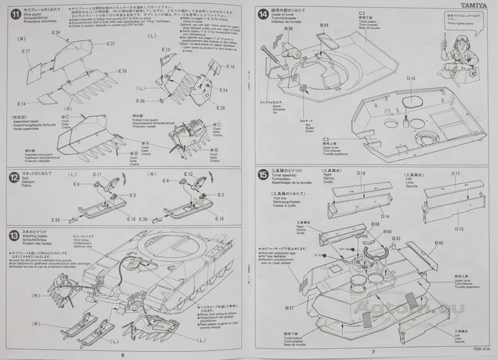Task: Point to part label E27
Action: [111, 44]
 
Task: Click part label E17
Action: [27, 52]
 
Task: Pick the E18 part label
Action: [231, 67]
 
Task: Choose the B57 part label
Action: [290, 307]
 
